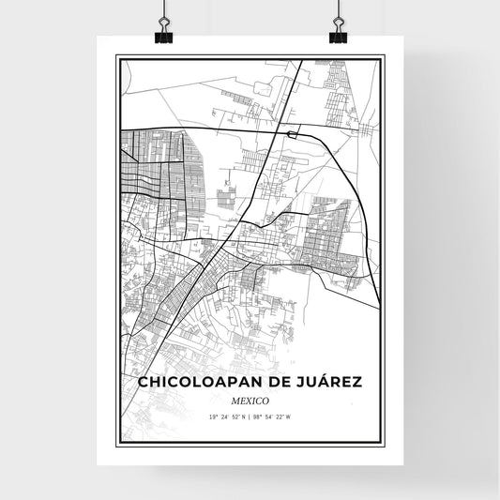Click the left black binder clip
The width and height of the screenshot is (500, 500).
tap(164, 34)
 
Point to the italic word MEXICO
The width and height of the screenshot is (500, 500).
tap(250, 400)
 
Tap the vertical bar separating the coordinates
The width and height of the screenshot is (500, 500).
tap(250, 416)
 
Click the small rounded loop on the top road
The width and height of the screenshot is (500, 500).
tap(294, 134)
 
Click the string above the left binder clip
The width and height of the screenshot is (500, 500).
tap(164, 9)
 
